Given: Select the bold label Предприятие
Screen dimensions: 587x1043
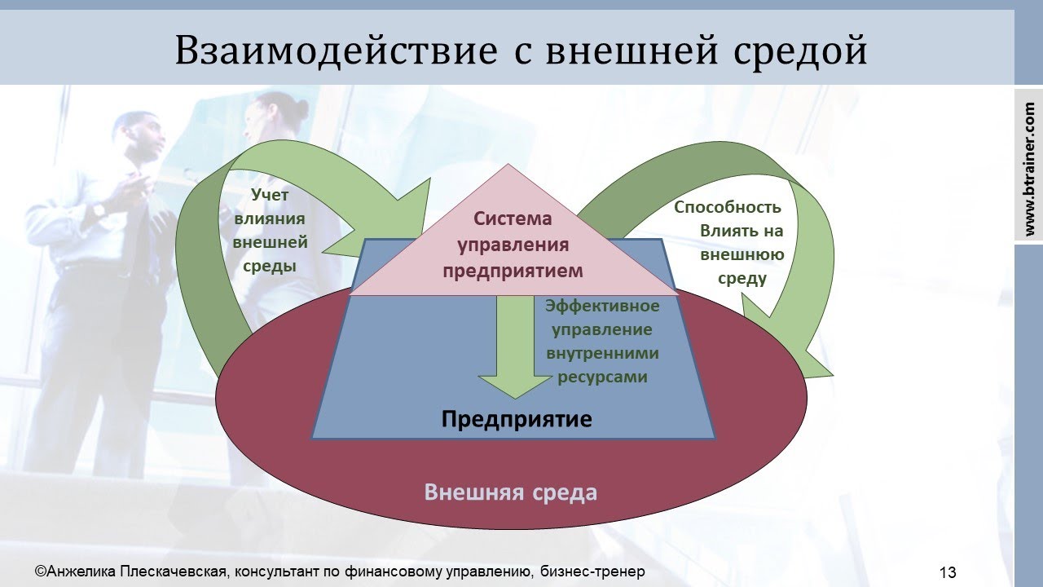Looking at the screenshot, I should click(x=516, y=420).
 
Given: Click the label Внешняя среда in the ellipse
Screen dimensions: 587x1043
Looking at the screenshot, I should click(x=511, y=492).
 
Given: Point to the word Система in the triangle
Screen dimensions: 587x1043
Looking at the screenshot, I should click(x=513, y=218).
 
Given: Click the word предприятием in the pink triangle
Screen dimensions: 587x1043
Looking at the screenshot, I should click(x=513, y=270).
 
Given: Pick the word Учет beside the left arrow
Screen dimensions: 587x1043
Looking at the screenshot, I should click(x=270, y=195).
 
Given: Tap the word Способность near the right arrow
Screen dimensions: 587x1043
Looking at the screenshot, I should click(x=728, y=207).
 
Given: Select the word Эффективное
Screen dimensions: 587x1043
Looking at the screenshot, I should click(x=602, y=307).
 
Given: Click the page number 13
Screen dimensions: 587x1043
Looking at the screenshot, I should click(x=948, y=572).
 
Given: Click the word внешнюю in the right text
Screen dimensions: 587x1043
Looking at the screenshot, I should click(x=742, y=254).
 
